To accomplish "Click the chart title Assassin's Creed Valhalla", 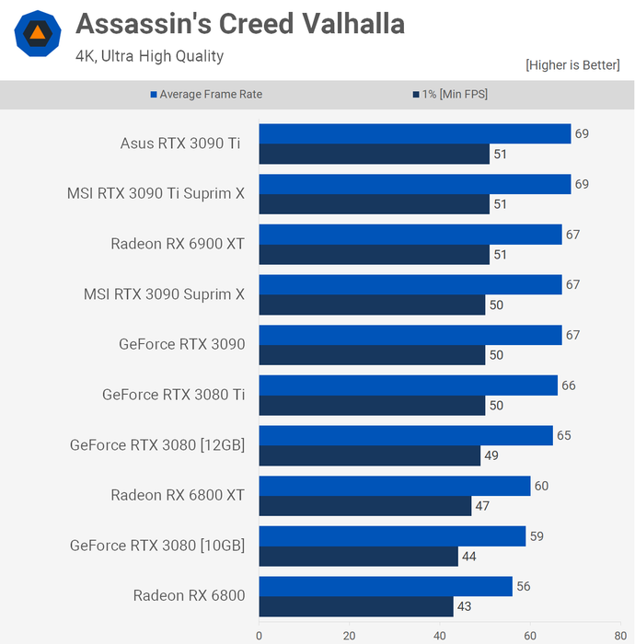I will (x=239, y=24).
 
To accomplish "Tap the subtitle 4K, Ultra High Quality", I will (x=149, y=56).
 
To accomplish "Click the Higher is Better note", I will (x=572, y=65).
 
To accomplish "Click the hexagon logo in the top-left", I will (x=38, y=34).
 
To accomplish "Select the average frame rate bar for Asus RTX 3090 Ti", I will (x=414, y=134).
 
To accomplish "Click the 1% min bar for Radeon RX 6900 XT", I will (x=374, y=255).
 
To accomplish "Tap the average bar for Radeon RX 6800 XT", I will (x=394, y=486).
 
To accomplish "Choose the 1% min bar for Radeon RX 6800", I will (x=355, y=606).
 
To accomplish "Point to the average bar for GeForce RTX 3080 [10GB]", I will (x=392, y=536).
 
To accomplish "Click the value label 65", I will (x=564, y=435).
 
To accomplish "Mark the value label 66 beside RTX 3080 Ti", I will (x=569, y=385).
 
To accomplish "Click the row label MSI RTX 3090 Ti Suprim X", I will (x=156, y=194).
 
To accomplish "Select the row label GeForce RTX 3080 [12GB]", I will (x=157, y=445).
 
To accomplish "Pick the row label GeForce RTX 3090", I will (x=182, y=345).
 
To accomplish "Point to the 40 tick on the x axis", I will (x=440, y=635).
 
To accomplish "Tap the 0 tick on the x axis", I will (x=259, y=635).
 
